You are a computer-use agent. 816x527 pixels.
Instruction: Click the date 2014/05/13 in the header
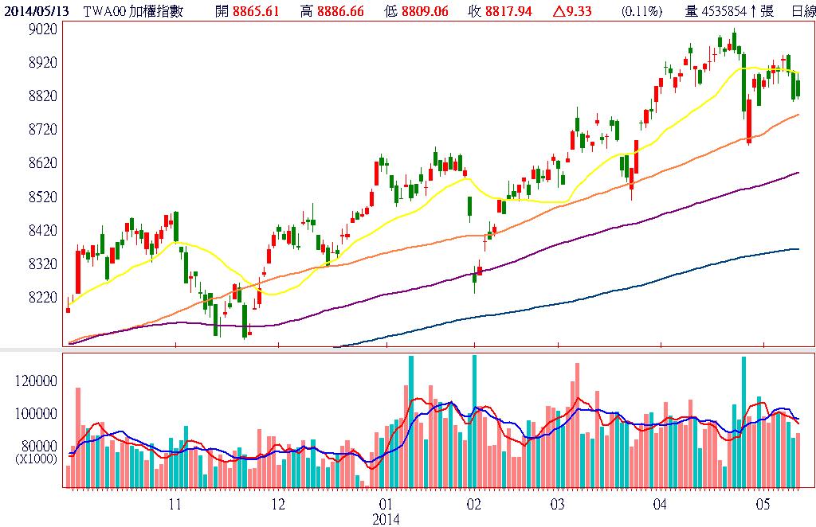click(x=37, y=11)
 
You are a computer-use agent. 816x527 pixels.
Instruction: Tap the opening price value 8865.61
click(x=255, y=11)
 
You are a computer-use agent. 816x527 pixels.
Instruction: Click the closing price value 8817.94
click(x=511, y=11)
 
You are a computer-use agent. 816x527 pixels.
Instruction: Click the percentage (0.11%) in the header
click(x=642, y=11)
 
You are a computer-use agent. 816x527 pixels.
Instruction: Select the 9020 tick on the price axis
click(x=41, y=29)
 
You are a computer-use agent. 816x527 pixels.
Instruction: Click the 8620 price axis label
click(x=41, y=163)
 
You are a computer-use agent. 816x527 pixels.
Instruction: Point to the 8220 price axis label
click(x=41, y=297)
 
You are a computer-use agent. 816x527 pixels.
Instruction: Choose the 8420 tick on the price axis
click(x=41, y=230)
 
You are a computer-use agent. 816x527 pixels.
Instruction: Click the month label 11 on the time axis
click(x=175, y=504)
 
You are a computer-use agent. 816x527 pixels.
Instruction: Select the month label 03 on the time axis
click(x=556, y=504)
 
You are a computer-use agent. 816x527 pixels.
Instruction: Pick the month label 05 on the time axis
click(x=763, y=504)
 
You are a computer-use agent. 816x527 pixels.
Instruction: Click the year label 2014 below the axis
click(x=386, y=518)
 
